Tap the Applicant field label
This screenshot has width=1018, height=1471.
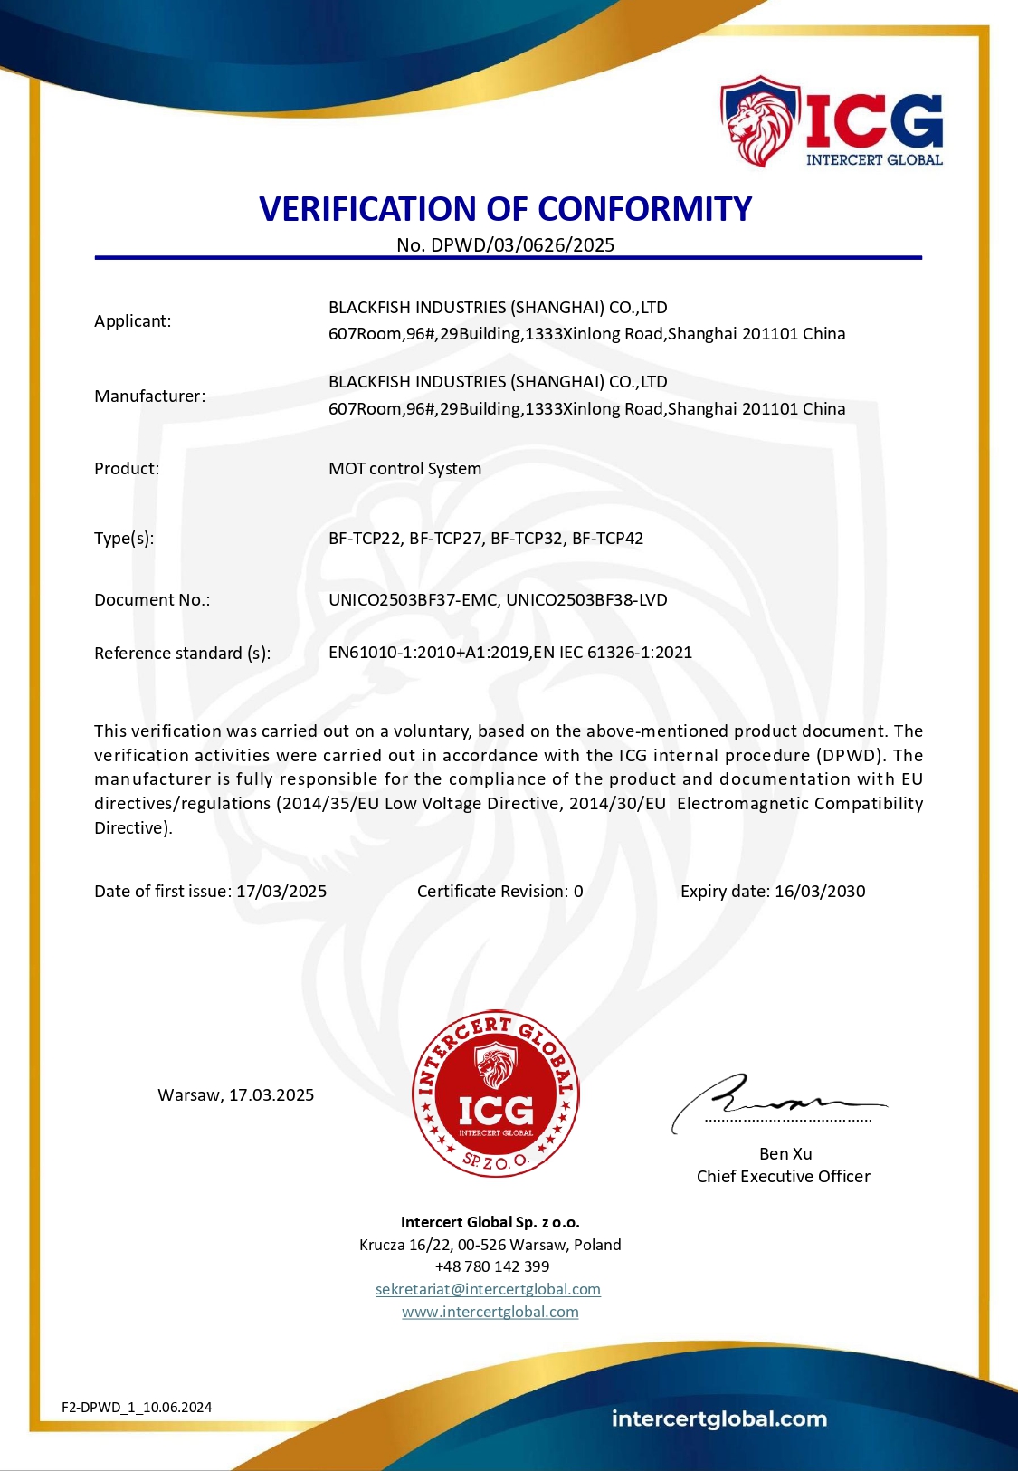132,321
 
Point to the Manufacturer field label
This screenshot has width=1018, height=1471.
149,396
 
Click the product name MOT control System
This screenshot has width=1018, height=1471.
404,469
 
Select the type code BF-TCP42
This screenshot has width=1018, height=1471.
607,539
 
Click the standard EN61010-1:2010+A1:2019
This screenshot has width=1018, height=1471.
429,653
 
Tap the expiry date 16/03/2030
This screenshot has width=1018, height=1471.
820,892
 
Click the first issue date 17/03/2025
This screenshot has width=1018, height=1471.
281,892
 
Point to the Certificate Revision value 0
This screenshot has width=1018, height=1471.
578,892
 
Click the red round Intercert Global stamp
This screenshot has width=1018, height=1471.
496,1094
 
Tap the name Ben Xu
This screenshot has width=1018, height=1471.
785,1154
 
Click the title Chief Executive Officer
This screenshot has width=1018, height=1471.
783,1177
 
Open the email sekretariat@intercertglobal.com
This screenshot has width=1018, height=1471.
488,1289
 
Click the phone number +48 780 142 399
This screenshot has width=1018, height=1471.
492,1266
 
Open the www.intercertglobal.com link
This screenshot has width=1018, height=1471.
490,1312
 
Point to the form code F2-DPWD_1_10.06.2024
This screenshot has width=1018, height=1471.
137,1408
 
